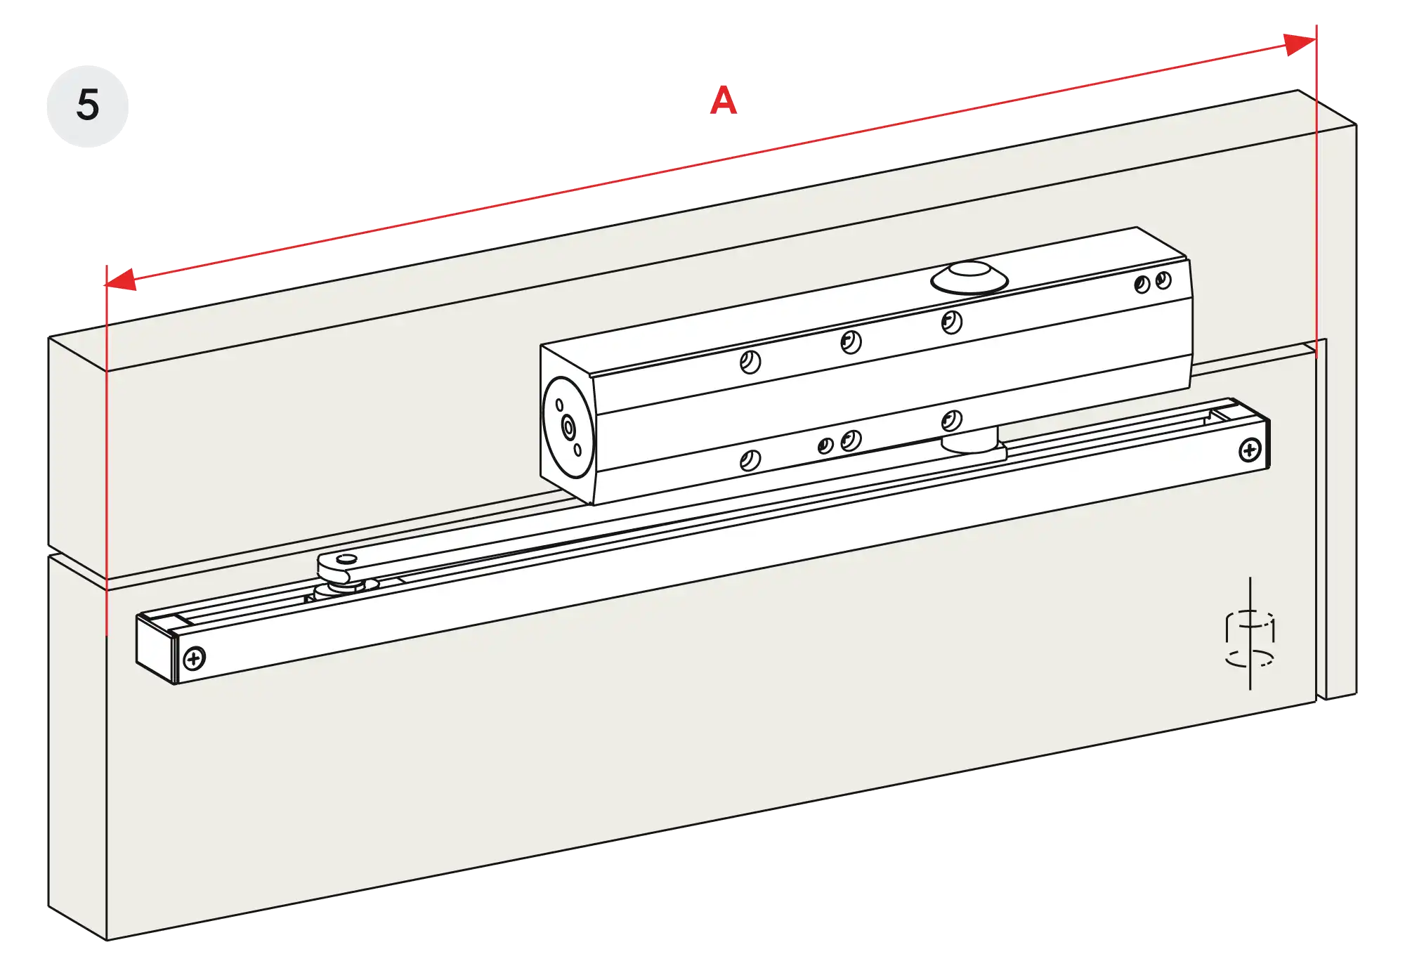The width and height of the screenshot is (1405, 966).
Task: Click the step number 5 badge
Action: click(87, 105)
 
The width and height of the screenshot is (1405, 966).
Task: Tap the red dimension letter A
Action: click(724, 103)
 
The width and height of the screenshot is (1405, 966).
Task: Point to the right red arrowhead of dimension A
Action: click(1300, 44)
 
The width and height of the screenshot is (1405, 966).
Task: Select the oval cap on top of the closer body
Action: click(969, 278)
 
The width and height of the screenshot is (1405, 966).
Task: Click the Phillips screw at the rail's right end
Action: click(1249, 450)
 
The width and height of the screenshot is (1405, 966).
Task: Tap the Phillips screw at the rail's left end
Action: click(193, 659)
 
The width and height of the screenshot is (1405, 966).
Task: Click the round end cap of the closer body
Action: click(568, 426)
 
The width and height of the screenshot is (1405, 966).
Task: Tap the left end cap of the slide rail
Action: click(155, 646)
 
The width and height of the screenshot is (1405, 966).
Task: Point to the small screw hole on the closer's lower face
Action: click(825, 445)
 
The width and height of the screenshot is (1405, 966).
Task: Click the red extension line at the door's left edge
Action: click(106, 457)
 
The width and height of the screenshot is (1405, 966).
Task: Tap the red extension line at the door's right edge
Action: click(1316, 211)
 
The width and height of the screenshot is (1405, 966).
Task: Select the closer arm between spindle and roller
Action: click(632, 520)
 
